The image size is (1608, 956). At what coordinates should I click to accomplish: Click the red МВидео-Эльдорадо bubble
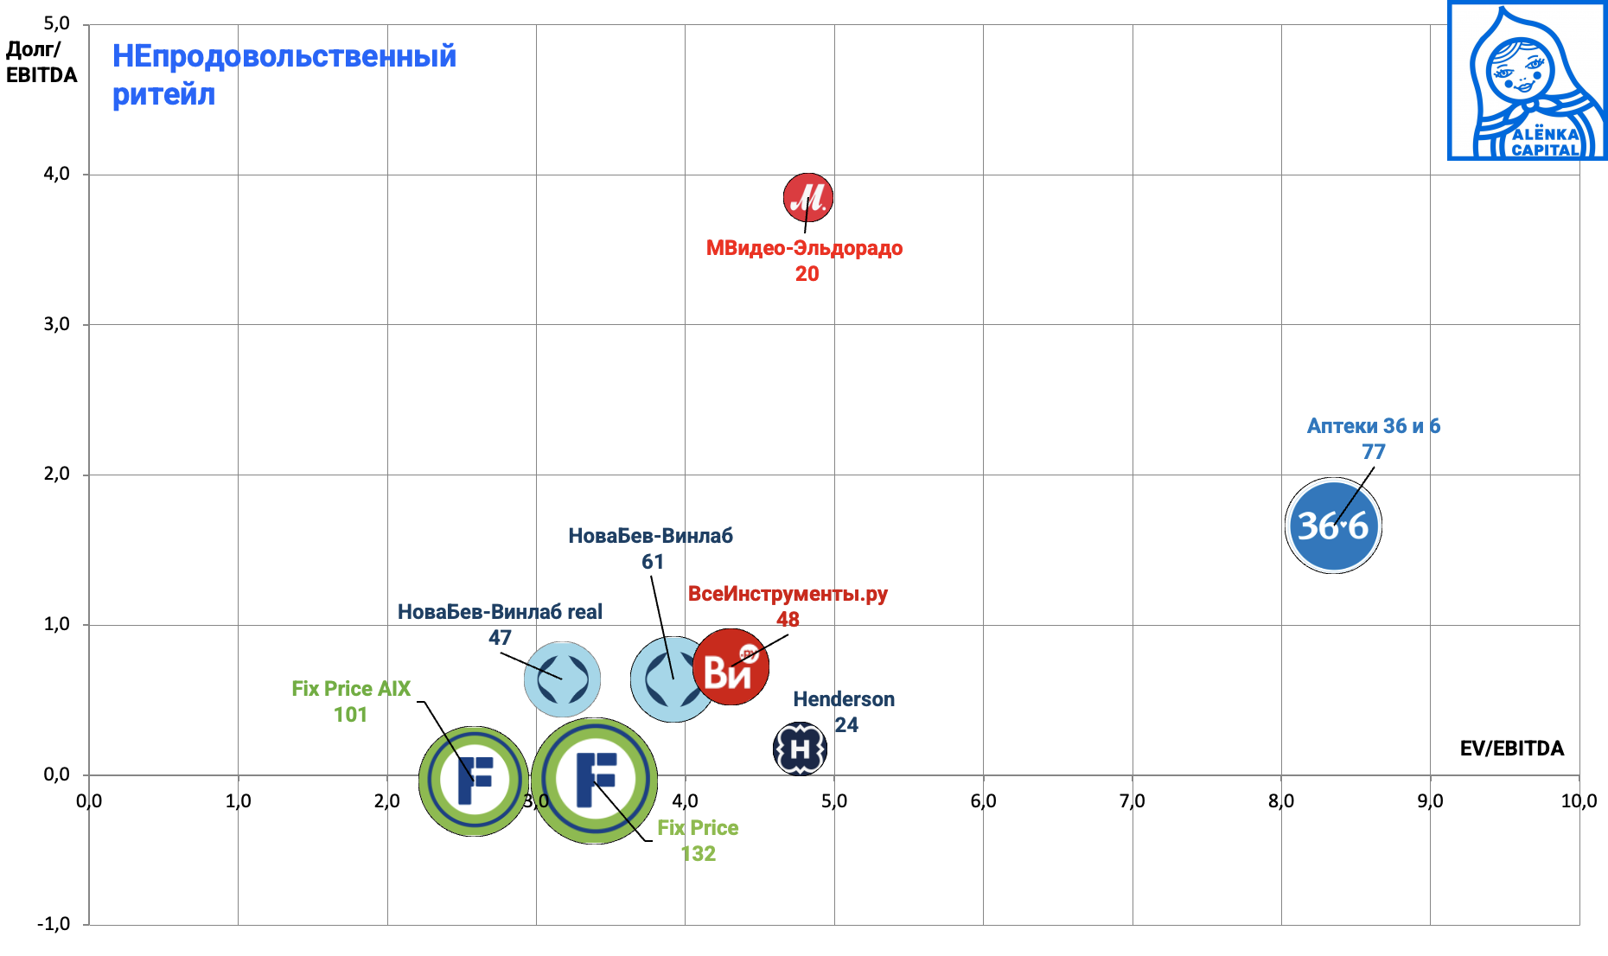(808, 197)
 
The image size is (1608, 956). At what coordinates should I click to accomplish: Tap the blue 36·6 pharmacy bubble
(1333, 526)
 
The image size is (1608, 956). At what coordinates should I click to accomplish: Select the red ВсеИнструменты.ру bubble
(731, 667)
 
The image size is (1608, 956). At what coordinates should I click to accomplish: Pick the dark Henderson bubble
(800, 749)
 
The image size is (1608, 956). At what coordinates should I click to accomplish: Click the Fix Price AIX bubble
(474, 780)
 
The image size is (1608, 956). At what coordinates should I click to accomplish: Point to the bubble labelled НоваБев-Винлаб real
(562, 679)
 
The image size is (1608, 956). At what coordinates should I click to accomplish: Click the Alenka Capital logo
(1527, 80)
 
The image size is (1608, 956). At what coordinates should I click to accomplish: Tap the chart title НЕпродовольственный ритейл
(284, 75)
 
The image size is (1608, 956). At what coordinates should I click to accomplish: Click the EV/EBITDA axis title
(1511, 749)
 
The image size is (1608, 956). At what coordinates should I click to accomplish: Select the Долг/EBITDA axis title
(41, 62)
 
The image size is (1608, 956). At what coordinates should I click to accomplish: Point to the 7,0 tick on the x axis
(1132, 801)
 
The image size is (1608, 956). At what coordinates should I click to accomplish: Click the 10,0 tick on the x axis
(1578, 801)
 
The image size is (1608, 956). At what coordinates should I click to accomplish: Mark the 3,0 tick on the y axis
(57, 324)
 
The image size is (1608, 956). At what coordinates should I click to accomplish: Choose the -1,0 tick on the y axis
(54, 924)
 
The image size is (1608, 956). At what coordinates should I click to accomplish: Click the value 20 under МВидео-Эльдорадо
(807, 274)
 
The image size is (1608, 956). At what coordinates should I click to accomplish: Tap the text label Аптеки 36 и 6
(1373, 426)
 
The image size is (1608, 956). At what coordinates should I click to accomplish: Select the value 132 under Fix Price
(698, 854)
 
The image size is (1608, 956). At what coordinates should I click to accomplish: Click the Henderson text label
(844, 699)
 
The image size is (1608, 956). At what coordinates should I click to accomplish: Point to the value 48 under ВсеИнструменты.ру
(788, 620)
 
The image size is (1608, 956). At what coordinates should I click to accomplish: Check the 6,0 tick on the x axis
(983, 801)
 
